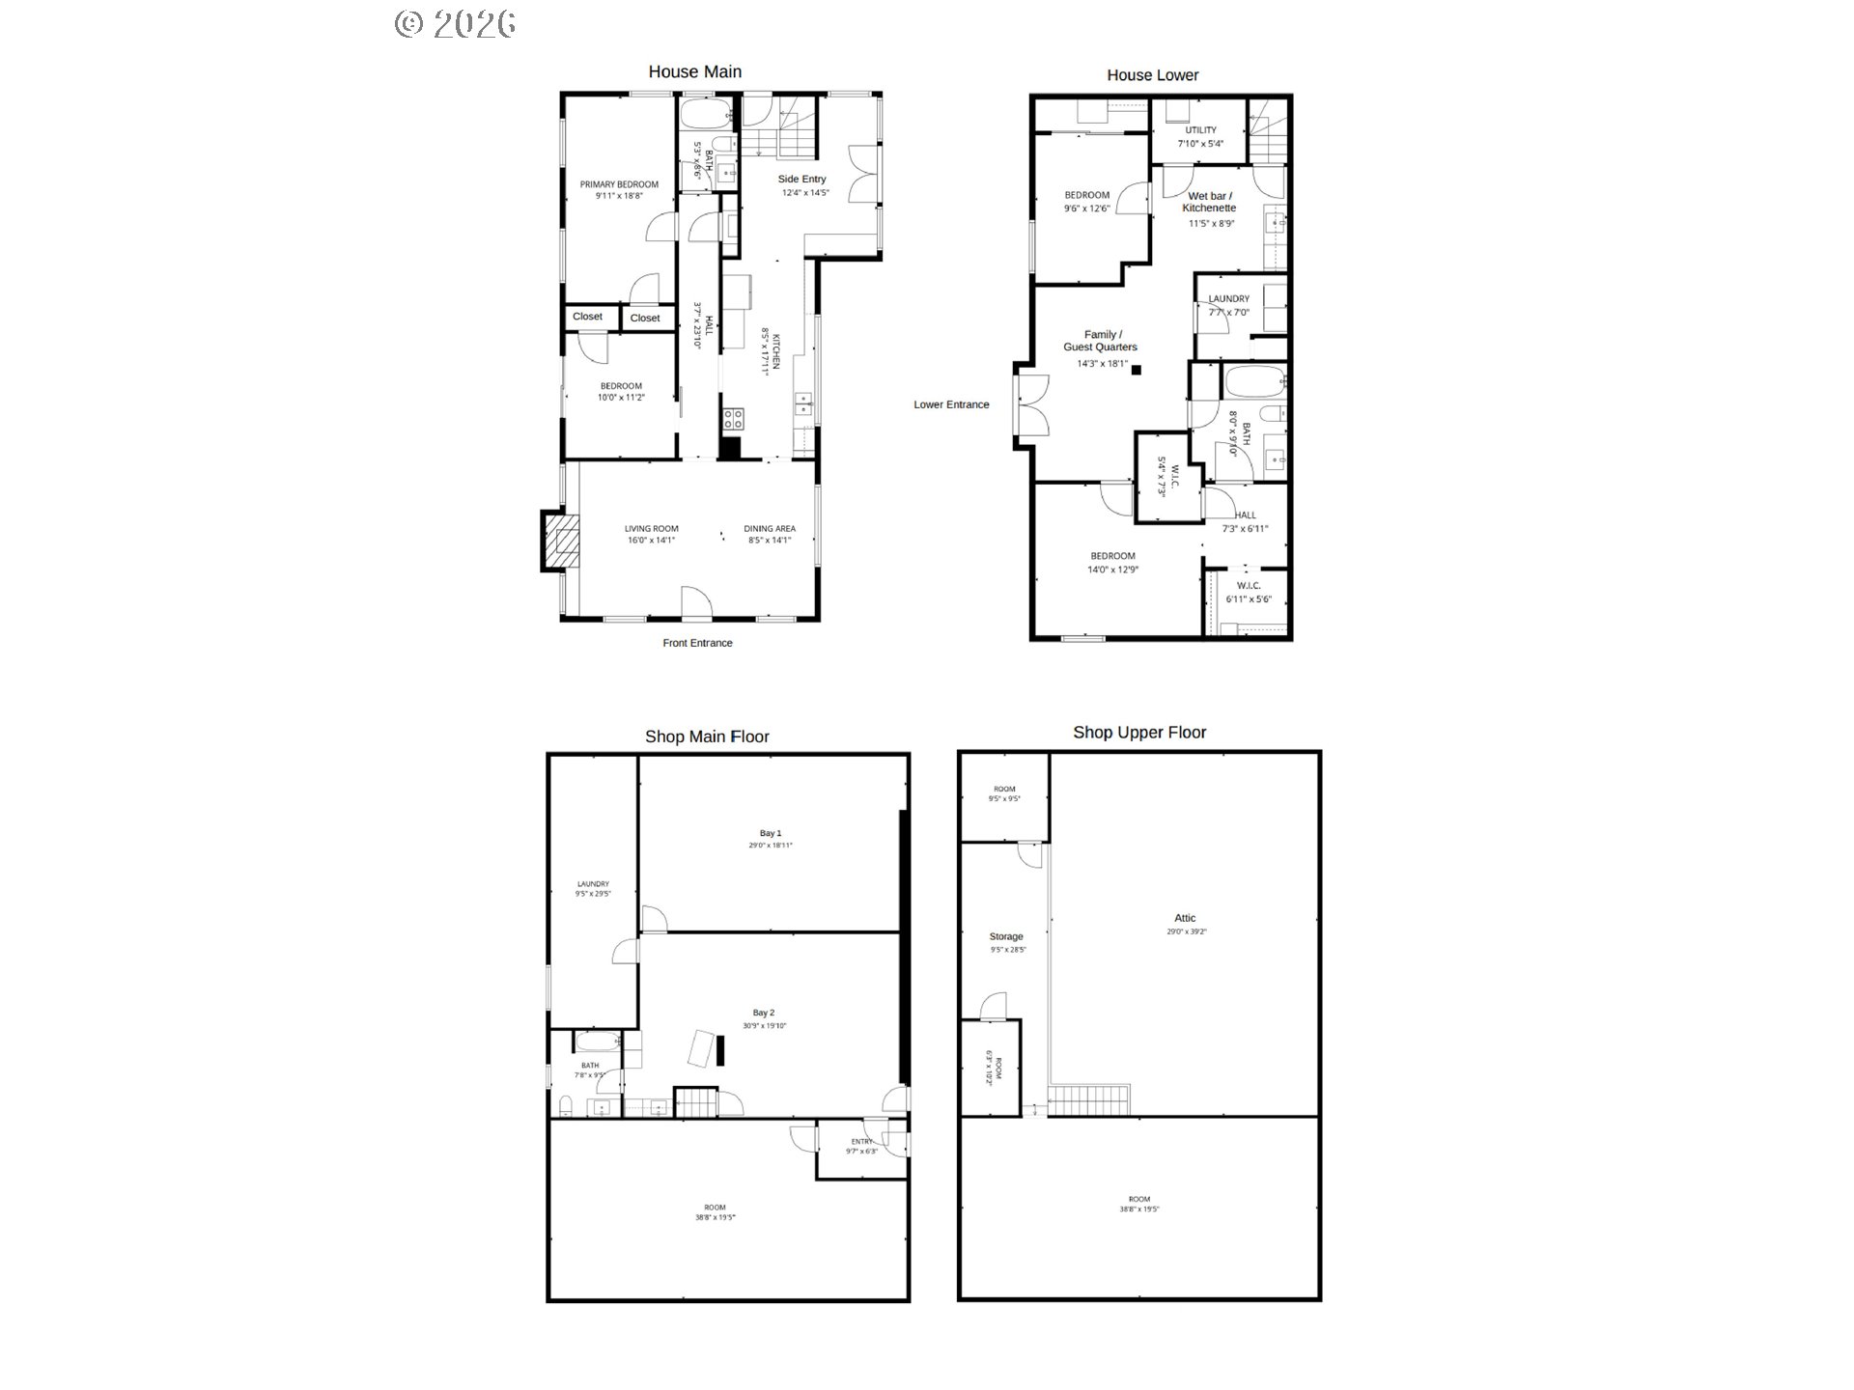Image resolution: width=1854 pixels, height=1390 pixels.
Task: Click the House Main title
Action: tap(694, 71)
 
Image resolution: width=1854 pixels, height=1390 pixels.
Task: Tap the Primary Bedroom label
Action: tap(619, 184)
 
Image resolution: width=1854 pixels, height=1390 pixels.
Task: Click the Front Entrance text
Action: tap(697, 643)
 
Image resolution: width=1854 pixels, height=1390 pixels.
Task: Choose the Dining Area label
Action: tap(770, 529)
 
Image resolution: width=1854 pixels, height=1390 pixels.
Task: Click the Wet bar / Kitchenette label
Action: tap(1209, 202)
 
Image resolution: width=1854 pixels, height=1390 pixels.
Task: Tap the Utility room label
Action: tap(1200, 130)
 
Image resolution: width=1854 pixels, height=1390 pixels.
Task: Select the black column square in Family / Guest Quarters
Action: tap(1137, 370)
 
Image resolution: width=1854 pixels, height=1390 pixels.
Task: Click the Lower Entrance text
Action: tap(951, 404)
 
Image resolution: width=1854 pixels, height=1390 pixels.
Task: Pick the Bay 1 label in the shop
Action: tap(771, 833)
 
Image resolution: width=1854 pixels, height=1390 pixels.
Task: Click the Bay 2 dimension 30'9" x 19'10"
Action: tap(764, 1026)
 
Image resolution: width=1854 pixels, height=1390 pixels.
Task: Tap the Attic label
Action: tap(1185, 919)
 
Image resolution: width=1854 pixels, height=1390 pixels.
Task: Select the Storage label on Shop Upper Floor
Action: tap(1006, 936)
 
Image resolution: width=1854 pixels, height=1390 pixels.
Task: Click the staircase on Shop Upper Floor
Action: tap(1088, 1099)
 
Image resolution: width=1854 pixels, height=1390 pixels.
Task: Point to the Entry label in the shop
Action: tap(861, 1142)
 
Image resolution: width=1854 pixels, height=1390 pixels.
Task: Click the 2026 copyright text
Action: tap(455, 23)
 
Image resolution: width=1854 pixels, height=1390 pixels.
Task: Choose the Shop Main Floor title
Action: tap(707, 737)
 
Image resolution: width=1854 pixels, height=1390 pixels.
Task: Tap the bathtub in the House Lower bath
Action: tap(1255, 384)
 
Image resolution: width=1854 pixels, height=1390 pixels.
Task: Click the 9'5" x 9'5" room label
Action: tap(1004, 799)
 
